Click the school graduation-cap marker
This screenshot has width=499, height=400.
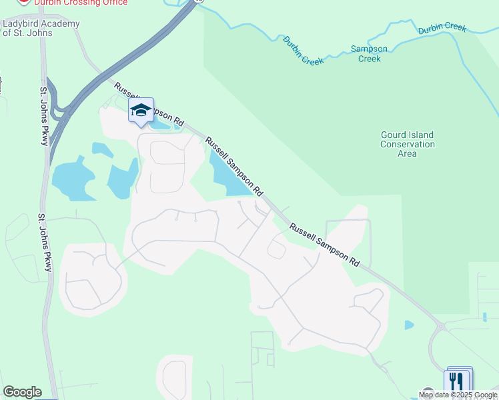coord(141,111)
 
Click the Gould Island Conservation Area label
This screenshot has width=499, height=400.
coord(407,144)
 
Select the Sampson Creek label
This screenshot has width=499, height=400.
coord(369,54)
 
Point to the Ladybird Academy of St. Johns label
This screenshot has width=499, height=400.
coord(41,28)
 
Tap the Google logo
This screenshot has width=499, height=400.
coord(22,392)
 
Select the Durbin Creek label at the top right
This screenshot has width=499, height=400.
coord(442,29)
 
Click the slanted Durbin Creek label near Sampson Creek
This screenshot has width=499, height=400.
coord(303,51)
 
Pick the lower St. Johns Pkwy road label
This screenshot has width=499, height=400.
coord(45,243)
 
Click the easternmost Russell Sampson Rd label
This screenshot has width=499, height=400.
coord(324,245)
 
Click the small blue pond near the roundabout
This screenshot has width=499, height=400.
coord(408,325)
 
